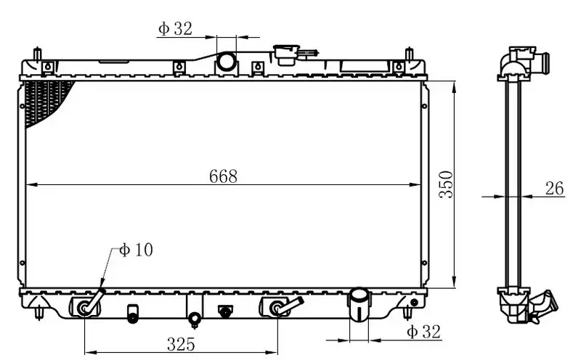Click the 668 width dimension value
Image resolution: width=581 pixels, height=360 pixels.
pos(223,176)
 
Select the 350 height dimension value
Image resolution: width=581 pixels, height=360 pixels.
pos(446,184)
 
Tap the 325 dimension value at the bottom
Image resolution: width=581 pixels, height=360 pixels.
pos(181,344)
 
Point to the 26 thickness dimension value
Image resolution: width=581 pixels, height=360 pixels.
pos(554,188)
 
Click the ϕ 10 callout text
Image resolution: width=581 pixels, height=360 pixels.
pos(136,250)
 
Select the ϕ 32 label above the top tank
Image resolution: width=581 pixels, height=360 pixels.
pos(175,28)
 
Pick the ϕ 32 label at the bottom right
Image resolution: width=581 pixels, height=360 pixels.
pos(424,332)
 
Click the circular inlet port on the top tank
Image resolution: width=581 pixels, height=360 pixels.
pos(226,62)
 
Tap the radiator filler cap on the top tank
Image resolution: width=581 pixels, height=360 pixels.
pos(286,54)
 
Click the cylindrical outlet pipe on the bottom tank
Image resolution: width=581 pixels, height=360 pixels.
pos(359,304)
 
